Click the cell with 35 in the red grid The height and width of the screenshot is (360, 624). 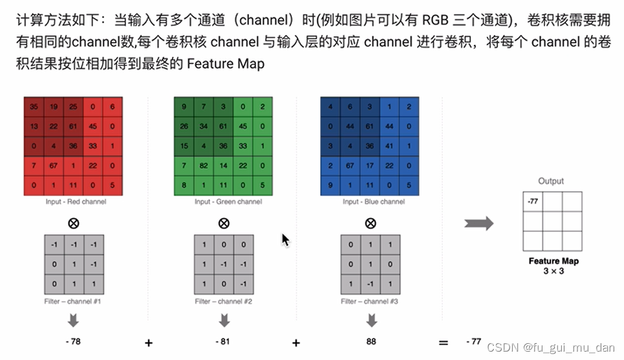(34, 107)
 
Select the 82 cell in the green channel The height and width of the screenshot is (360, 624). (204, 166)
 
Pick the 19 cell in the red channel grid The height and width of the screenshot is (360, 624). (54, 107)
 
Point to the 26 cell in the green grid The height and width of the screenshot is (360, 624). (184, 126)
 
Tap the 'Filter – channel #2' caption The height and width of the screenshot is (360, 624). (223, 301)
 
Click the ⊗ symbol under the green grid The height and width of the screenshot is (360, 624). (223, 224)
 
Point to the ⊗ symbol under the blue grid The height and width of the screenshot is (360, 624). (370, 224)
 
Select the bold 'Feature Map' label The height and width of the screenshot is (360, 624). (554, 261)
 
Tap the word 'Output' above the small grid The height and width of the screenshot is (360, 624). (551, 181)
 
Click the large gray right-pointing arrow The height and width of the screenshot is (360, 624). (479, 224)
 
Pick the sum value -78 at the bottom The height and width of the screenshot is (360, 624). (72, 342)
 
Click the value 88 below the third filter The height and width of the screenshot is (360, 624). (371, 342)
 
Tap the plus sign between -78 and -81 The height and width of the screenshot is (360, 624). (148, 343)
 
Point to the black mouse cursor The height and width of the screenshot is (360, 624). (285, 240)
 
